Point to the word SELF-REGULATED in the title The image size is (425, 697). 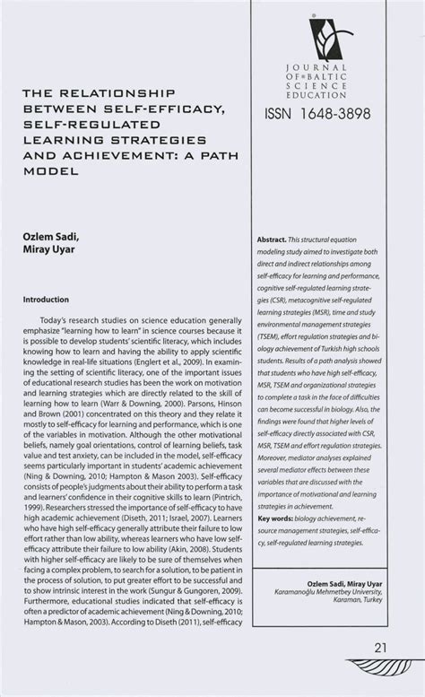pyautogui.click(x=91, y=124)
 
